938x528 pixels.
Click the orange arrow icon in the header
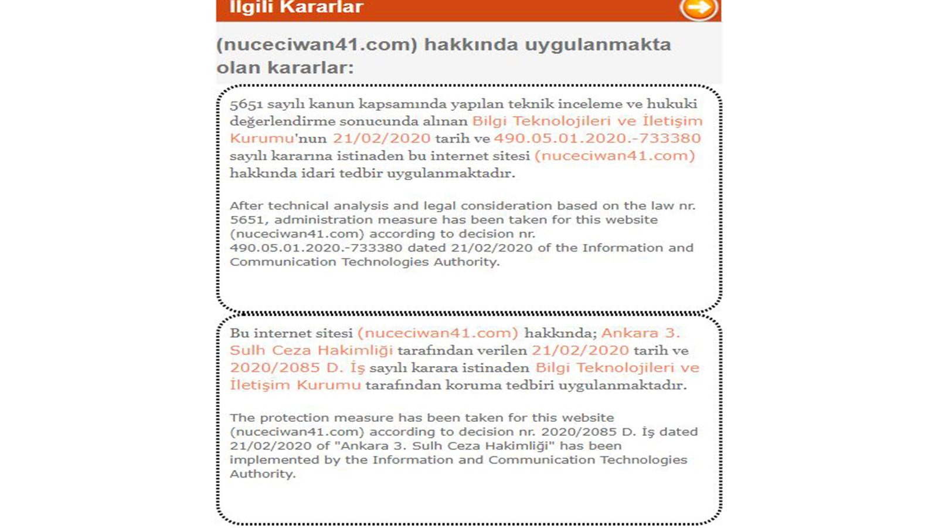click(x=698, y=8)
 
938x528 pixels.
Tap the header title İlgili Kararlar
click(x=296, y=8)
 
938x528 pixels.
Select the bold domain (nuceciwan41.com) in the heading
click(x=317, y=45)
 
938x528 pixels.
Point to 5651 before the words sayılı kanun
click(x=246, y=104)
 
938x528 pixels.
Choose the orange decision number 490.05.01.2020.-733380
click(x=597, y=138)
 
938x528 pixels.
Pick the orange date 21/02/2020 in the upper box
click(x=382, y=138)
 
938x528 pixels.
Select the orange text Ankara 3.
click(x=641, y=333)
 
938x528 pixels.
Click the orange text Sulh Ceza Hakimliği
click(x=311, y=351)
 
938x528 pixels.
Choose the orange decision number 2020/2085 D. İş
click(x=297, y=368)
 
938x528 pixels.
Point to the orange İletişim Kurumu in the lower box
click(x=295, y=385)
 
